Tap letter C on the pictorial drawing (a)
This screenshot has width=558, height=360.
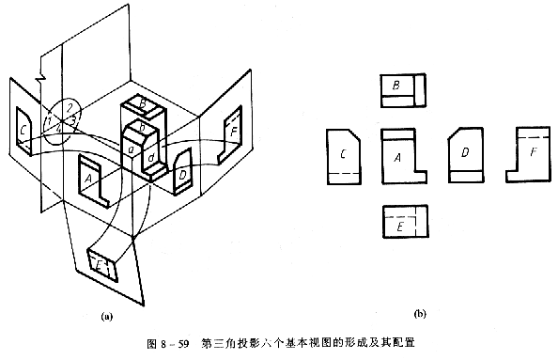(23, 129)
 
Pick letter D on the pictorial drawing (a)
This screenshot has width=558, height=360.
(182, 174)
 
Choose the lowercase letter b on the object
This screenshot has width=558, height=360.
(142, 127)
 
